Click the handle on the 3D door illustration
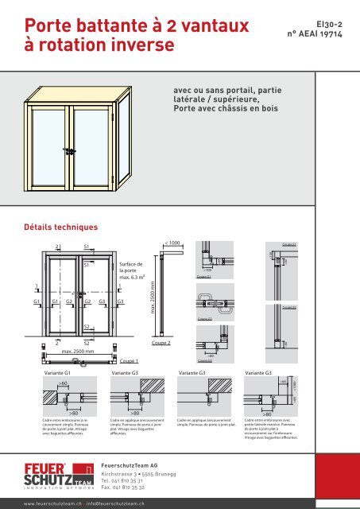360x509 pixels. coord(70,150)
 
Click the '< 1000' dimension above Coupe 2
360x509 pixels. coord(172,242)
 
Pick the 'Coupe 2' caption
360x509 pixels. coord(161,342)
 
